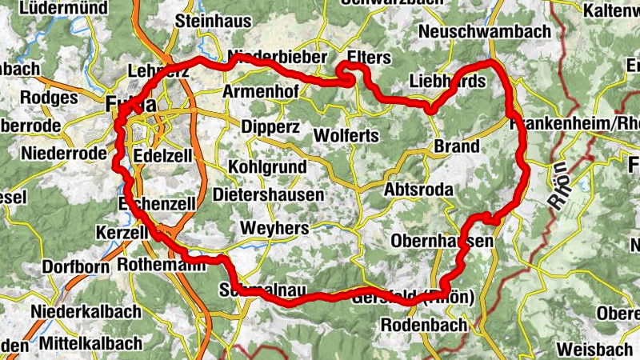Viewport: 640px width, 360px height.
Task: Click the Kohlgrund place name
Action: (267, 167)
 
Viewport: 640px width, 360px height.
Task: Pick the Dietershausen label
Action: (269, 194)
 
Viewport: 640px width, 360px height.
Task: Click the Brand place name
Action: (457, 146)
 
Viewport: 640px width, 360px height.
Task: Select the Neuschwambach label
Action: (485, 32)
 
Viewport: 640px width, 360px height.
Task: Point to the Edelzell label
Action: (163, 156)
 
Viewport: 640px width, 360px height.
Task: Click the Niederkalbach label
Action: (86, 310)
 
